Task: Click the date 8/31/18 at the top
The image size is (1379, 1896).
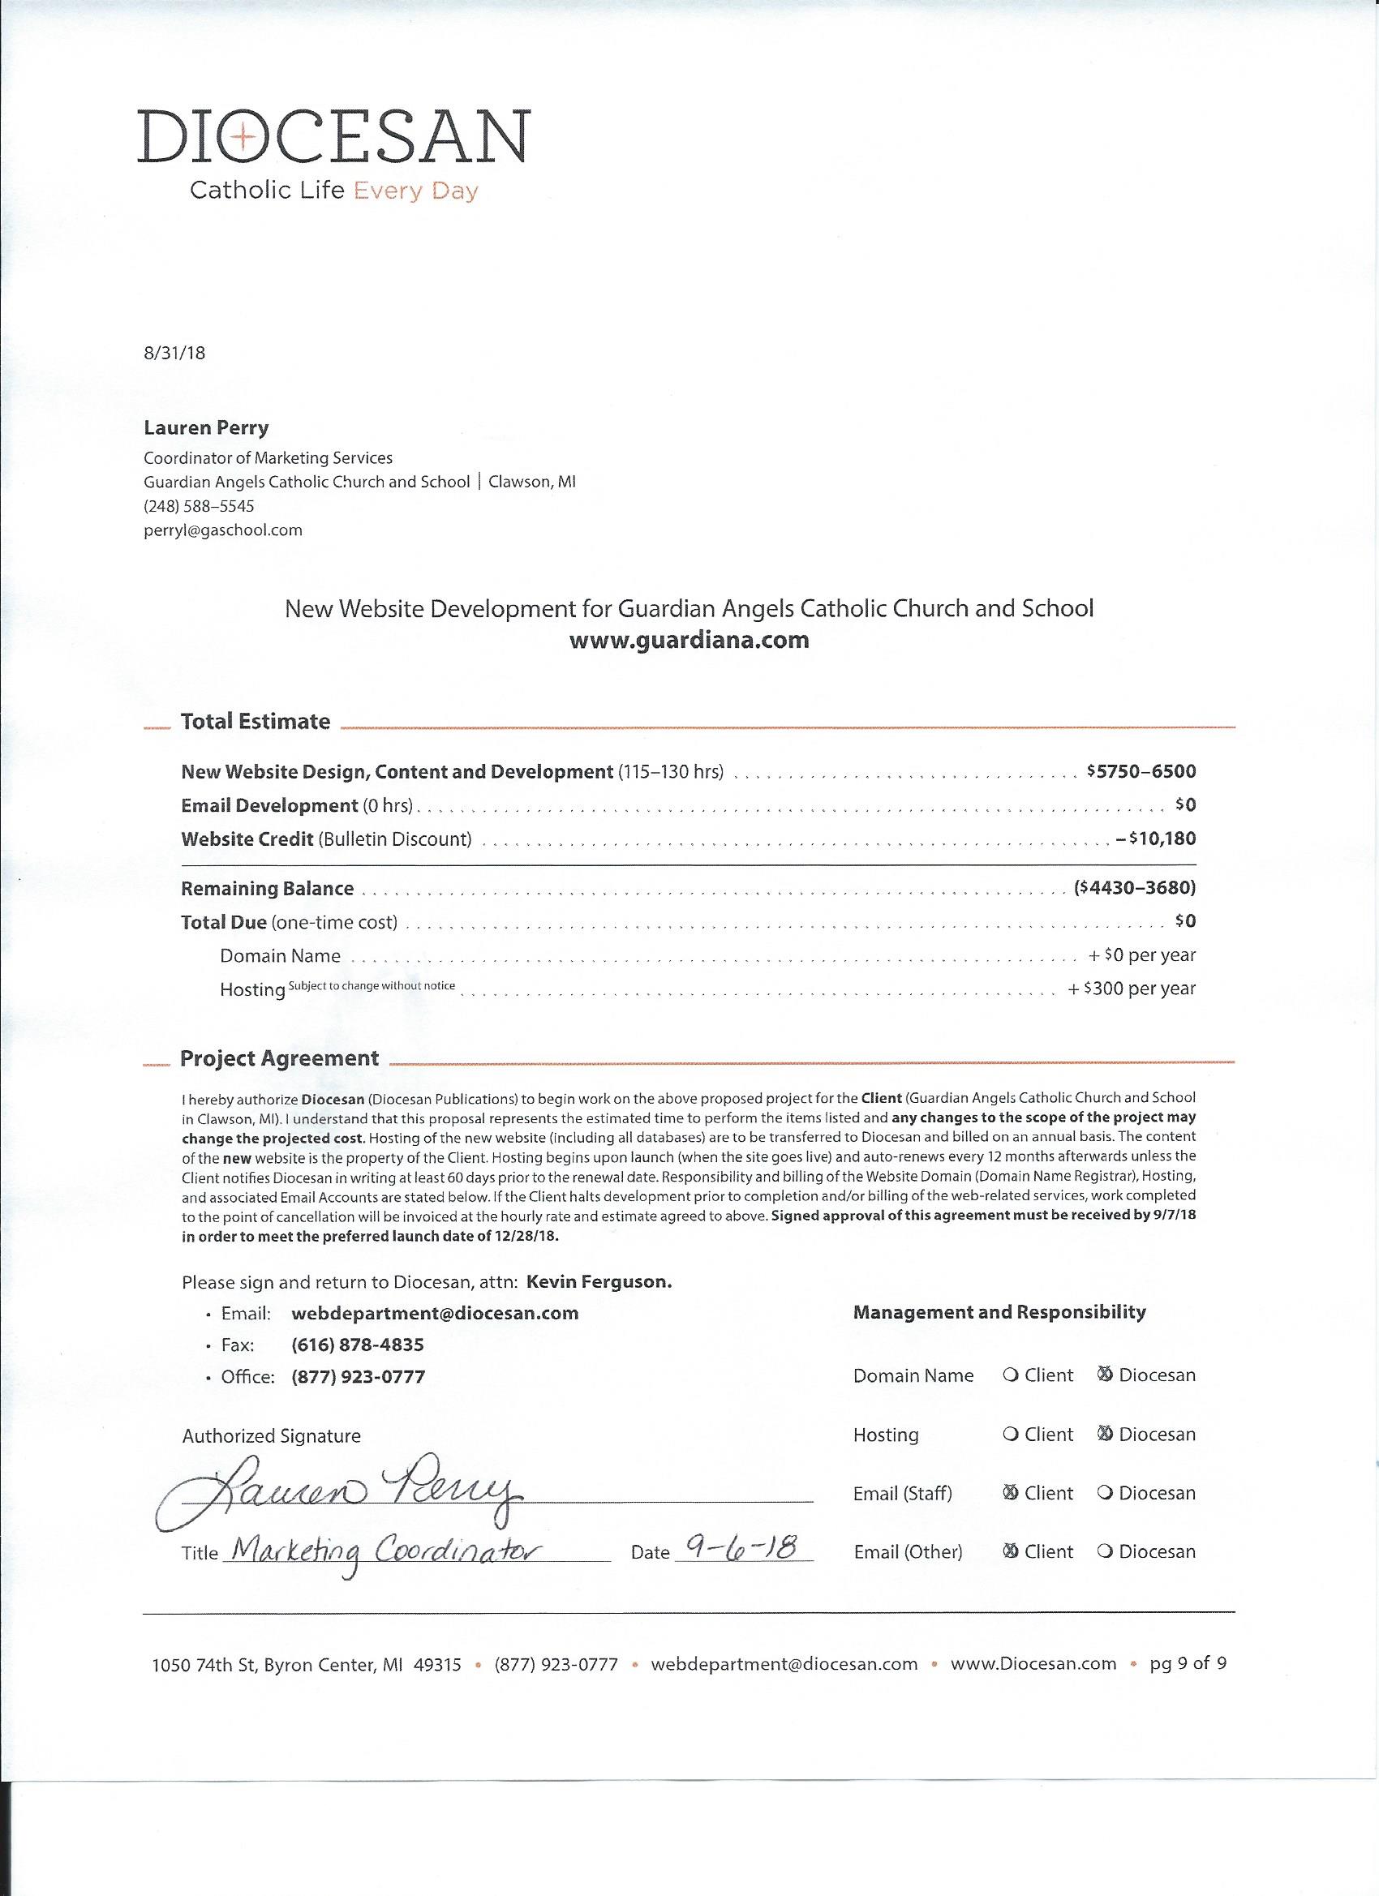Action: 174,352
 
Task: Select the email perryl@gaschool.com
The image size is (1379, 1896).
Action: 222,530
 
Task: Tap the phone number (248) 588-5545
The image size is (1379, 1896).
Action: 199,506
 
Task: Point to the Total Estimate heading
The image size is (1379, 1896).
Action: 255,721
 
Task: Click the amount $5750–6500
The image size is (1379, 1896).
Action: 1141,770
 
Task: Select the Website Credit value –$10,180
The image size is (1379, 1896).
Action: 1155,838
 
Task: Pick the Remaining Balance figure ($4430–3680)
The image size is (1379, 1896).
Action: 1135,888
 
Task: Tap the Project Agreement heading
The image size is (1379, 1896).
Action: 279,1057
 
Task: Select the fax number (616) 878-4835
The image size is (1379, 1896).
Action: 357,1345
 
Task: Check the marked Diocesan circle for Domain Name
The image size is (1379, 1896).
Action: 1105,1375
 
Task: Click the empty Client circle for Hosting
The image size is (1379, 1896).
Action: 1010,1434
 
